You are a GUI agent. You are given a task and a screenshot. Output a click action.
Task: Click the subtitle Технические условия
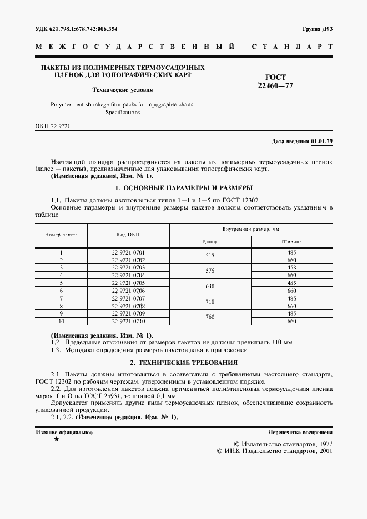[x=123, y=89]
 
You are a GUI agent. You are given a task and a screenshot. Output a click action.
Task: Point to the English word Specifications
[x=123, y=113]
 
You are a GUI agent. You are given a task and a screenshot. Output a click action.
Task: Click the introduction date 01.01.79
[x=322, y=141]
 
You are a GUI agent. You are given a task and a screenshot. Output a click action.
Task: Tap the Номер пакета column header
[x=61, y=235]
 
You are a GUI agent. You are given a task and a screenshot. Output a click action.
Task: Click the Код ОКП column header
[x=128, y=235]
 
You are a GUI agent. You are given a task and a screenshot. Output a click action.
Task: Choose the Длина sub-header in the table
[x=210, y=242]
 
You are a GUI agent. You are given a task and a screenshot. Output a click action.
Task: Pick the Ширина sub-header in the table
[x=291, y=242]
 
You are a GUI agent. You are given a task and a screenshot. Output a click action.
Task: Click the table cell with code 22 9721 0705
[x=128, y=283]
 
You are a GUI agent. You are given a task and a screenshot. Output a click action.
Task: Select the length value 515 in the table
[x=210, y=256]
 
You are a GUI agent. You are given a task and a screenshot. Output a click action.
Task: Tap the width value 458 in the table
[x=291, y=267]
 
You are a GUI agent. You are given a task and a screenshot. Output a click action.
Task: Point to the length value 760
[x=210, y=317]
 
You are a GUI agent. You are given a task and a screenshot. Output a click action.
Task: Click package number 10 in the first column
[x=61, y=321]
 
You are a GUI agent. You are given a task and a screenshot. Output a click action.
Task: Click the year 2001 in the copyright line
[x=323, y=451]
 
